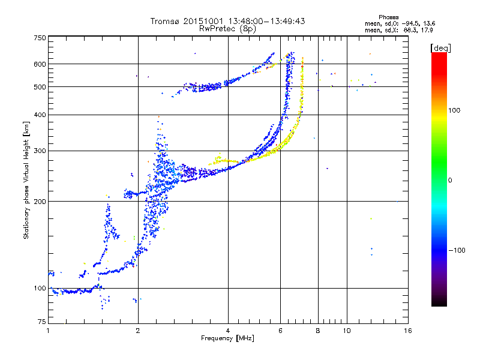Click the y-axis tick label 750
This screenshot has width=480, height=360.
click(40, 37)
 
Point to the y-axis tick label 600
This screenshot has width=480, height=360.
click(40, 64)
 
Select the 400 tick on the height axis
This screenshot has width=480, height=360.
click(40, 115)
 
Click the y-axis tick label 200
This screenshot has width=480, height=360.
click(40, 202)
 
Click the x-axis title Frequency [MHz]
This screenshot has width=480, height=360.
click(227, 339)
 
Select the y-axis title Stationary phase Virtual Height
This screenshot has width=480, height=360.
click(26, 180)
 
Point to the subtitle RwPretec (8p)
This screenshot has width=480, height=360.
click(227, 28)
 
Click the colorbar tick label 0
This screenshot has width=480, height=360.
click(452, 180)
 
